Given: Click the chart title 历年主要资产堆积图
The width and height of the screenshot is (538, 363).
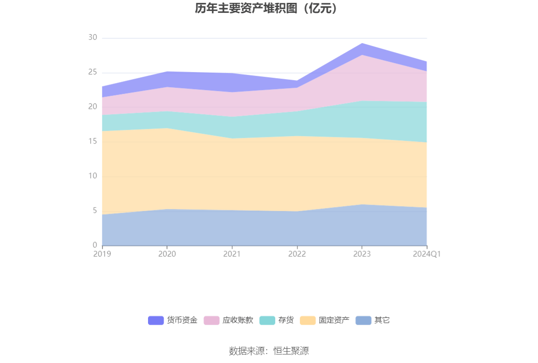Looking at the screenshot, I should [x=247, y=9].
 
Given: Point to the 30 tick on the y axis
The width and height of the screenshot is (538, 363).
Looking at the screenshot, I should [x=93, y=37].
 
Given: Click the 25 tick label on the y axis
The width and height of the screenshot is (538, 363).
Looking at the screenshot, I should [x=93, y=72].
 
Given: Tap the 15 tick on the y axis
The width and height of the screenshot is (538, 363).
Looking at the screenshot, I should [x=93, y=141].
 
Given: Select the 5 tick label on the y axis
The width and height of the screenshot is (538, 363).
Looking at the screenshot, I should [x=95, y=210].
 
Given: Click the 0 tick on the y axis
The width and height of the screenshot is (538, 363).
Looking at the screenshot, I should [x=95, y=245].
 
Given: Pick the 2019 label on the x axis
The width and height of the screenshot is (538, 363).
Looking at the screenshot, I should [x=102, y=254].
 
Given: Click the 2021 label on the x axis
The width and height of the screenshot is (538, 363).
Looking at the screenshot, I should [x=232, y=254].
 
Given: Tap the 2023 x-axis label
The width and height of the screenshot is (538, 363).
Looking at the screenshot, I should [x=362, y=254].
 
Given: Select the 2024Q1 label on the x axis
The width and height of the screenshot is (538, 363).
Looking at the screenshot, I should [x=427, y=254].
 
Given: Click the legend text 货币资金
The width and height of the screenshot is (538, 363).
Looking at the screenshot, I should [x=182, y=320].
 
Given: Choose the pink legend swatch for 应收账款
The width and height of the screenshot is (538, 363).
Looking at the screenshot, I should [x=212, y=320].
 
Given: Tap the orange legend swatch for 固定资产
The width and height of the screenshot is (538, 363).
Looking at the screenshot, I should [x=307, y=320].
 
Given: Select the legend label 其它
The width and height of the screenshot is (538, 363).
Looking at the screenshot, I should [x=381, y=320].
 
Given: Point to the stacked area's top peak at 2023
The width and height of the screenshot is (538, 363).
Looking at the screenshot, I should [x=362, y=44].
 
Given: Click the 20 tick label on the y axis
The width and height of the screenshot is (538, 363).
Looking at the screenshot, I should [x=93, y=107].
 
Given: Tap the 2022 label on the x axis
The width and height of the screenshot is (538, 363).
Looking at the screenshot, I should [x=297, y=254].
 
